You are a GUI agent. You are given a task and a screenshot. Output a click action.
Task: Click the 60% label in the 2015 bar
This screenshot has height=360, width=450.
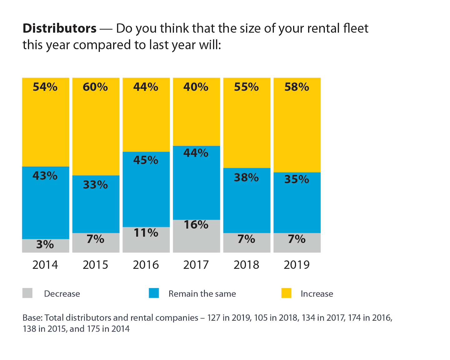[95, 87]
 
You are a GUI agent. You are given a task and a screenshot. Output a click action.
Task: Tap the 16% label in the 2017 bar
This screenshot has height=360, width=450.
[196, 225]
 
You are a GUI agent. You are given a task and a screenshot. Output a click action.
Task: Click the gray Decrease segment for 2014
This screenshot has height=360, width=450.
[46, 246]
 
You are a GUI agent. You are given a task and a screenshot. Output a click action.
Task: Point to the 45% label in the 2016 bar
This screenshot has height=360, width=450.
[146, 160]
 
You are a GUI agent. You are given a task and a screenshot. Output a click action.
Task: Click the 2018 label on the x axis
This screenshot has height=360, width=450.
[246, 265]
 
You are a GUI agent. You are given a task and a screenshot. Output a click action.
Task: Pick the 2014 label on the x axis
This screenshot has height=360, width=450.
[45, 265]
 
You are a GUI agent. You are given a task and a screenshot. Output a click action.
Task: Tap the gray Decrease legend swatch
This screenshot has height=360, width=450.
[27, 293]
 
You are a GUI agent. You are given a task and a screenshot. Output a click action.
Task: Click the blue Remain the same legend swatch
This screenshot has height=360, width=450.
[154, 293]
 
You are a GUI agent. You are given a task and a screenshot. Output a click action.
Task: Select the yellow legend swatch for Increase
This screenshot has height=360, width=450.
[286, 293]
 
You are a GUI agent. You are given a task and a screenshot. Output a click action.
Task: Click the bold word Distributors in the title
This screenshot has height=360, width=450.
[60, 28]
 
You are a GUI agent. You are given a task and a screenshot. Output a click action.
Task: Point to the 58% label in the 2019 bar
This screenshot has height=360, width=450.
[297, 87]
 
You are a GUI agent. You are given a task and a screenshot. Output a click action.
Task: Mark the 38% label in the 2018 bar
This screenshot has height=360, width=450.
[246, 177]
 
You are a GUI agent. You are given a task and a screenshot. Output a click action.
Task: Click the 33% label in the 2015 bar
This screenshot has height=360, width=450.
[95, 185]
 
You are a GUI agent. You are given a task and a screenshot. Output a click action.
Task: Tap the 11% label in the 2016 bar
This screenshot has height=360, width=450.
[146, 233]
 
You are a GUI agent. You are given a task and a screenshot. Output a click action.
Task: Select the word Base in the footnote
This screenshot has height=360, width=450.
[32, 318]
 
